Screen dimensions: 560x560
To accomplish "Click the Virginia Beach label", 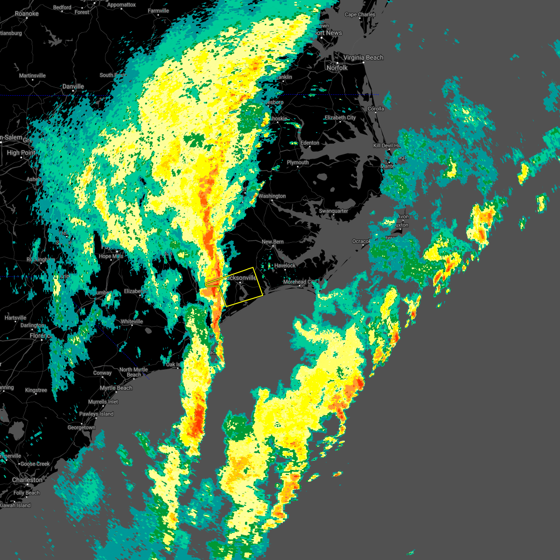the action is click(x=363, y=57).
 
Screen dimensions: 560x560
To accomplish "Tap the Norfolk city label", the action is click(x=337, y=68).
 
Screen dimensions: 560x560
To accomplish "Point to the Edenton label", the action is click(x=310, y=143).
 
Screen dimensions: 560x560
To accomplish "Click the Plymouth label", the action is click(x=298, y=162).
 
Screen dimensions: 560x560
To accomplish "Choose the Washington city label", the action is click(x=272, y=196).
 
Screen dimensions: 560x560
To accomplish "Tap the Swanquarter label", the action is click(x=334, y=211).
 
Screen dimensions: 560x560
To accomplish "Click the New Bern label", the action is click(x=273, y=242).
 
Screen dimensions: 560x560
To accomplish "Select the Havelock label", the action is click(x=285, y=266).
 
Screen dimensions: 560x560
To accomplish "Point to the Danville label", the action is click(x=73, y=86).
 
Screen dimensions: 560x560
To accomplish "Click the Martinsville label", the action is click(x=32, y=76).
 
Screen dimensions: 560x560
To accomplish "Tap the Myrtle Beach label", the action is click(x=116, y=388).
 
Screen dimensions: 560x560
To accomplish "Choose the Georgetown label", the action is click(x=81, y=427).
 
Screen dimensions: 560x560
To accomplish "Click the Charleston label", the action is click(x=27, y=480).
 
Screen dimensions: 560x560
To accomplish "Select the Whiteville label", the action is click(x=132, y=322).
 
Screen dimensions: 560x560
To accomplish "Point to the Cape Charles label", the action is click(x=360, y=14).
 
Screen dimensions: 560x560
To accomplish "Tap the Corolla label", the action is click(x=376, y=109).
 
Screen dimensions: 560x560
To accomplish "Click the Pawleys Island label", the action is click(x=96, y=414).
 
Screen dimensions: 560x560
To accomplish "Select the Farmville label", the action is click(x=158, y=11).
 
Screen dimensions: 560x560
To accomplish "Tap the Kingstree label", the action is click(x=36, y=390).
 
